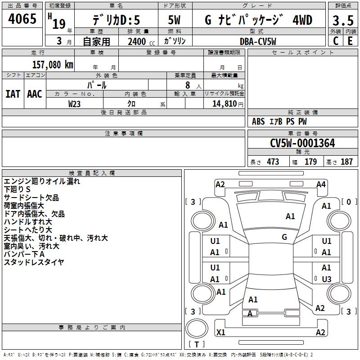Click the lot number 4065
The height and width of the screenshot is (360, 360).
[x=22, y=18]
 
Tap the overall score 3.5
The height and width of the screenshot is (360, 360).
[x=343, y=20]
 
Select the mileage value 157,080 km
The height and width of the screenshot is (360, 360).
[x=53, y=64]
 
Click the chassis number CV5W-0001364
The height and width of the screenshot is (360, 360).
[x=302, y=143]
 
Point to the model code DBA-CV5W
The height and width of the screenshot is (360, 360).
[x=258, y=41]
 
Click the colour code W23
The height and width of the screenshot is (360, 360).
[x=74, y=104]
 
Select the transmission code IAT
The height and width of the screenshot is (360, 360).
[x=13, y=94]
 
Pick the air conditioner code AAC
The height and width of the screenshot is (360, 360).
[x=35, y=94]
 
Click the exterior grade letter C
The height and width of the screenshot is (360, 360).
[x=336, y=41]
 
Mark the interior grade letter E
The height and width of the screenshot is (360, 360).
[x=350, y=41]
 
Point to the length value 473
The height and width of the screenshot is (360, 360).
[x=273, y=162]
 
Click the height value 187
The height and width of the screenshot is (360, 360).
[x=346, y=162]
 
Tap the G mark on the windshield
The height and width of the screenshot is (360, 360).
[x=284, y=237]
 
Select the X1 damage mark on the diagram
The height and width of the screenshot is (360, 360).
[x=220, y=332]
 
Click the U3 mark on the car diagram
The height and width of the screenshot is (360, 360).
[x=327, y=279]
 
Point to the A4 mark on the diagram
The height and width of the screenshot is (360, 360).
[x=321, y=184]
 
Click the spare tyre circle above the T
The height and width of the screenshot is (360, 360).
[x=197, y=328]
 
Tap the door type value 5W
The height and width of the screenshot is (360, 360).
[x=174, y=20]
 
